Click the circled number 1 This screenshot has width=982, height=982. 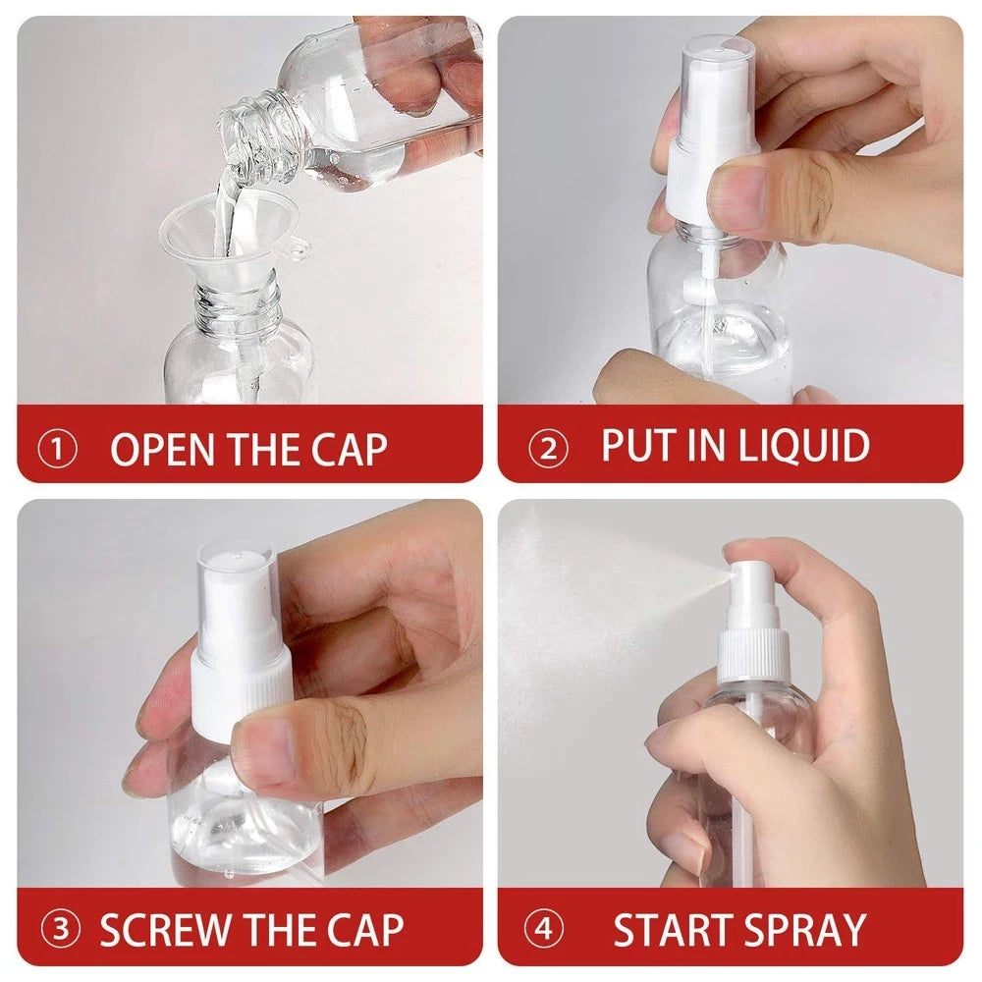57,450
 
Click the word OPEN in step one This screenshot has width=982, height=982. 162,449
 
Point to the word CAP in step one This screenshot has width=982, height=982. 350,449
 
